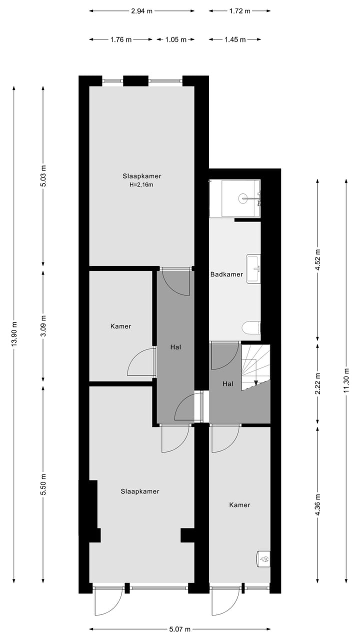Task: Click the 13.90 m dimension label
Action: click(x=14, y=333)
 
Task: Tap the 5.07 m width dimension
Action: click(x=179, y=629)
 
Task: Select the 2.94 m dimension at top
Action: click(x=142, y=10)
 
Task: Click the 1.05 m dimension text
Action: click(x=175, y=39)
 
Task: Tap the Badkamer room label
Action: click(x=226, y=274)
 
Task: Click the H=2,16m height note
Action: click(x=142, y=185)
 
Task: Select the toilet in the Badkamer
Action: click(x=251, y=328)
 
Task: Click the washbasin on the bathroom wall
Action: click(x=253, y=268)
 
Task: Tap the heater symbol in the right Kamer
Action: click(x=263, y=558)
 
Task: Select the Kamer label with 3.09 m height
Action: click(x=120, y=326)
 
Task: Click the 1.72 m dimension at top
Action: click(x=239, y=10)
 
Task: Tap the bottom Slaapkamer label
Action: click(x=140, y=491)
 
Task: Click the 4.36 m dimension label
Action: click(x=317, y=503)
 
